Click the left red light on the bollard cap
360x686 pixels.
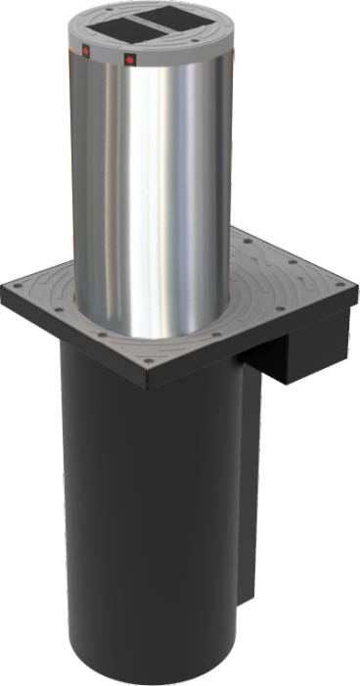tap(86, 48)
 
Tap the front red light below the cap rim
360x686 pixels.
tap(130, 59)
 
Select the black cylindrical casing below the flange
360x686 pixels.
tap(147, 509)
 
